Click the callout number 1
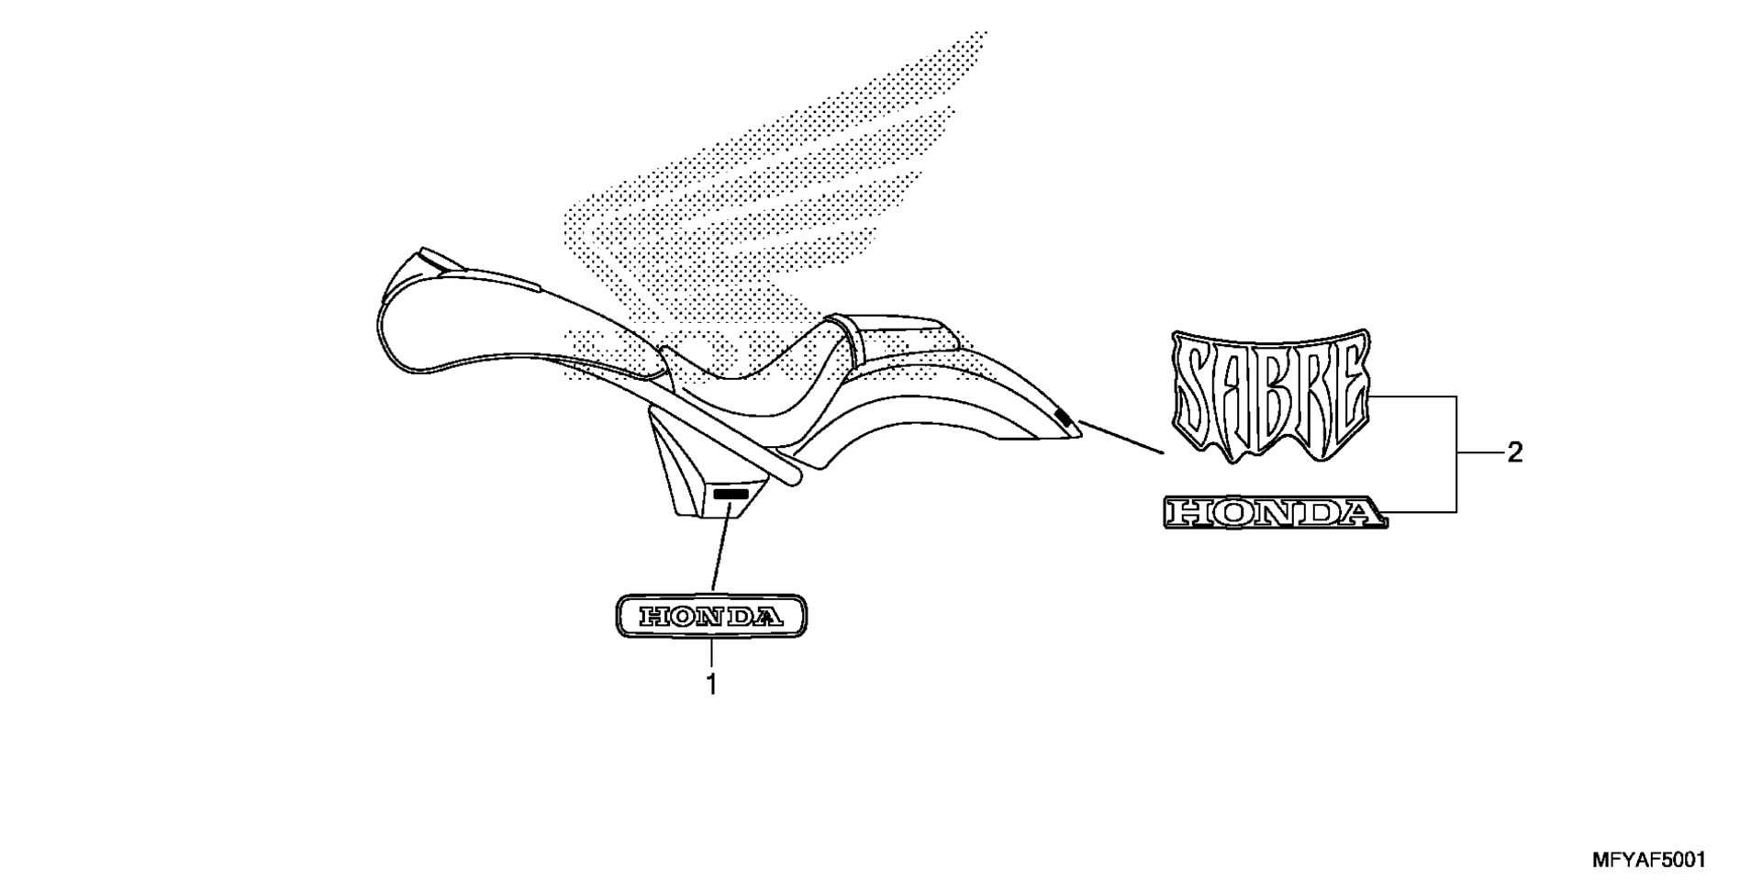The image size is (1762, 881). pos(711,684)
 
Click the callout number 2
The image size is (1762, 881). pos(1514,452)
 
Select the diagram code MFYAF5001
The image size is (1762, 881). pos(1648,860)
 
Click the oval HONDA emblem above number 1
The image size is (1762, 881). pos(711,616)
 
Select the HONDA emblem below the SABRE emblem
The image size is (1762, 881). pos(1276,513)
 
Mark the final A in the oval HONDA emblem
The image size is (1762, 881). pos(769,617)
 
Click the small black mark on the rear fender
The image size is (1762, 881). pos(1065,418)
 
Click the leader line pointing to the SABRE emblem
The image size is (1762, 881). pos(1121,437)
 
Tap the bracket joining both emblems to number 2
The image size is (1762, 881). pos(1457,453)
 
